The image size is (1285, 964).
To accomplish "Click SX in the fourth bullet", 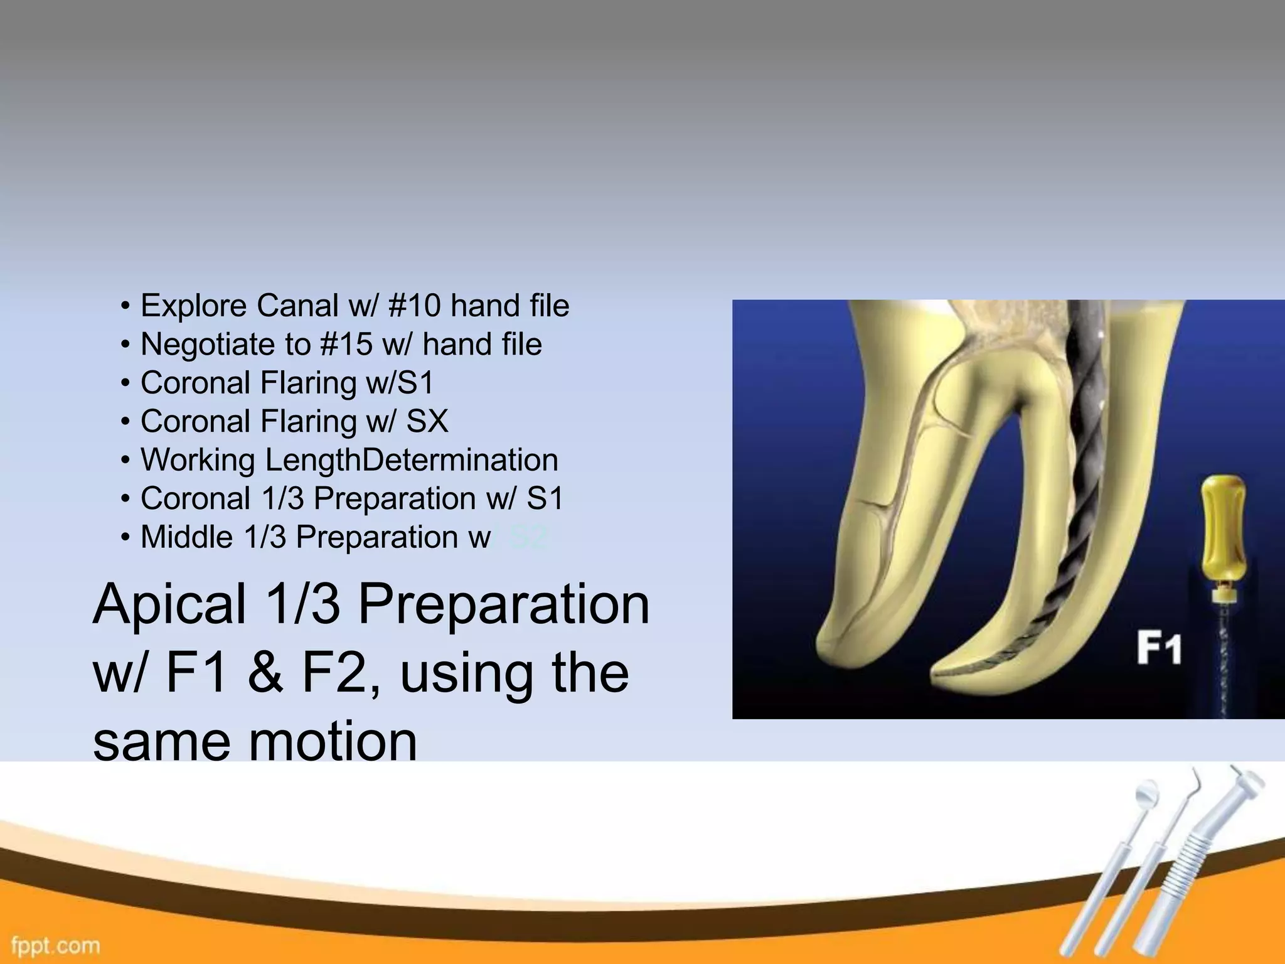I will point(427,421).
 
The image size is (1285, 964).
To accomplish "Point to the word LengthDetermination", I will point(412,460).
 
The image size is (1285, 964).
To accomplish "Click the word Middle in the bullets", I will point(186,537).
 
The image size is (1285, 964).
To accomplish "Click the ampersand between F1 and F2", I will point(265,673).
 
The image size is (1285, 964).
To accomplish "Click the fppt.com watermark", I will point(56,945).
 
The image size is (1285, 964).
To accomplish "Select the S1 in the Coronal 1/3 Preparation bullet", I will point(545,499).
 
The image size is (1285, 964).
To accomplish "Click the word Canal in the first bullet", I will point(297,306).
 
